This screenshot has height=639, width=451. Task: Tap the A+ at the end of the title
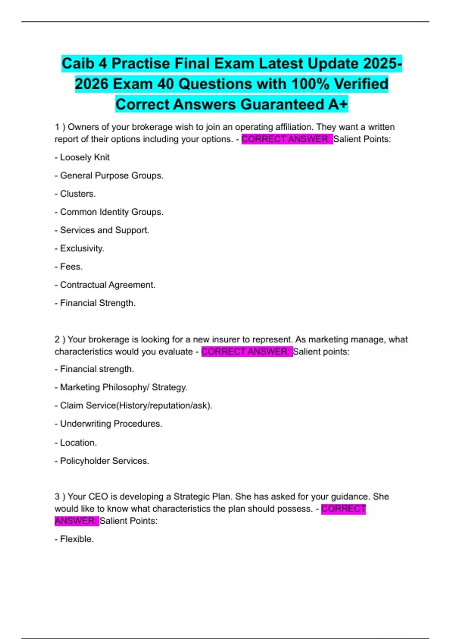point(337,104)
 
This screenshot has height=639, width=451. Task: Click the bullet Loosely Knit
point(82,157)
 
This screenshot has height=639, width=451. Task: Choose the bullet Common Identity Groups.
point(109,212)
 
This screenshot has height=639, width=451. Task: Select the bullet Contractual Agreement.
point(105,285)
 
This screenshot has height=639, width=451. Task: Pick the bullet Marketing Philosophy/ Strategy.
point(121,387)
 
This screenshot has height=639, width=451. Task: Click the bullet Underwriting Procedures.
point(109,424)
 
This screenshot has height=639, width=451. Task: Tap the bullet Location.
point(76,442)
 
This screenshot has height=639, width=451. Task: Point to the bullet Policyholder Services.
point(102,461)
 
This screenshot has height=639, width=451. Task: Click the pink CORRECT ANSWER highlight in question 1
point(287,139)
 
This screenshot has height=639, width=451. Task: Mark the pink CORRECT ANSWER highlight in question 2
point(247,351)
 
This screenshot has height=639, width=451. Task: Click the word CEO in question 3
point(98,497)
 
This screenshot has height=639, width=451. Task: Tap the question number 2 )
point(60,339)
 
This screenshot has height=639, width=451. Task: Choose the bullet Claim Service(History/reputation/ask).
point(133,406)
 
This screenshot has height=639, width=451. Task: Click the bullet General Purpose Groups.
point(109,176)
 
